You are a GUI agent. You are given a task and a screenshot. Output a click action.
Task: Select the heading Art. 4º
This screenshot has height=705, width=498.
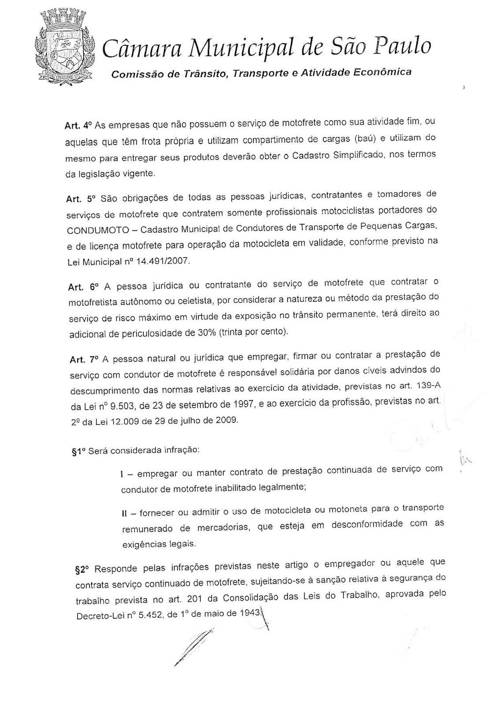(77, 125)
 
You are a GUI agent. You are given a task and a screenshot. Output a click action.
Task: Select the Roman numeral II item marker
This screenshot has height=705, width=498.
(125, 513)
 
